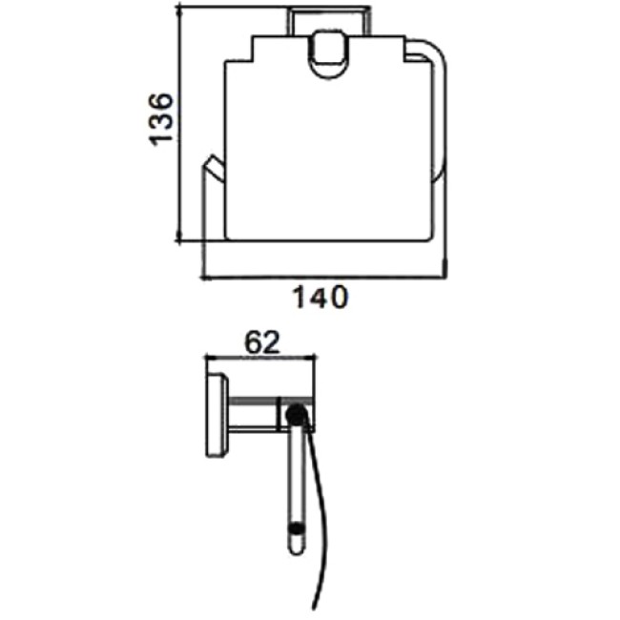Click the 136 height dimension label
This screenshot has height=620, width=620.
pyautogui.click(x=160, y=119)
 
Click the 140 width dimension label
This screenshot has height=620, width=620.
pyautogui.click(x=320, y=298)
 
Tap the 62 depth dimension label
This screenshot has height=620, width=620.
pyautogui.click(x=262, y=342)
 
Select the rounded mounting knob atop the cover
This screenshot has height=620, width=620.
pyautogui.click(x=328, y=54)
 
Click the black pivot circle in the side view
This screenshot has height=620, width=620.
pyautogui.click(x=297, y=416)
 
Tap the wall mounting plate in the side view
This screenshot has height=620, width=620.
pyautogui.click(x=217, y=415)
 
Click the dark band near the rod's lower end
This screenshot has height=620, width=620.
pyautogui.click(x=297, y=528)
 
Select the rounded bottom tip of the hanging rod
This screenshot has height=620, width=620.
pyautogui.click(x=297, y=548)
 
